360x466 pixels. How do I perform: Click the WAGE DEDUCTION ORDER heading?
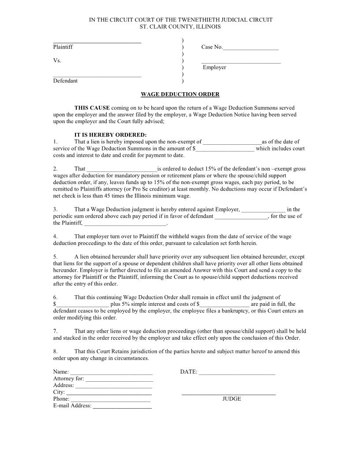[x=180, y=94]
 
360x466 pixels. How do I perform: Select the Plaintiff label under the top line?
[x=63, y=47]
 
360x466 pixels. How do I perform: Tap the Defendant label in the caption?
[x=65, y=81]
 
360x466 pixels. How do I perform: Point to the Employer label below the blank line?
[x=214, y=68]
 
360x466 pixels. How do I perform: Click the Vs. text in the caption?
[x=57, y=60]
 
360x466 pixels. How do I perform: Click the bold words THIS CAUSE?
[x=92, y=108]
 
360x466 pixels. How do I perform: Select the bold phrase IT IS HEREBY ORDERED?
[x=110, y=135]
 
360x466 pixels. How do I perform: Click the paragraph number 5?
[x=55, y=257]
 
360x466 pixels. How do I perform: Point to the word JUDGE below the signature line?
[x=232, y=399]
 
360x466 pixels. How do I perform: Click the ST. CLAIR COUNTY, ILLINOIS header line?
[x=180, y=27]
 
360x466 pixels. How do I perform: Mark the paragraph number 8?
[x=55, y=352]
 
